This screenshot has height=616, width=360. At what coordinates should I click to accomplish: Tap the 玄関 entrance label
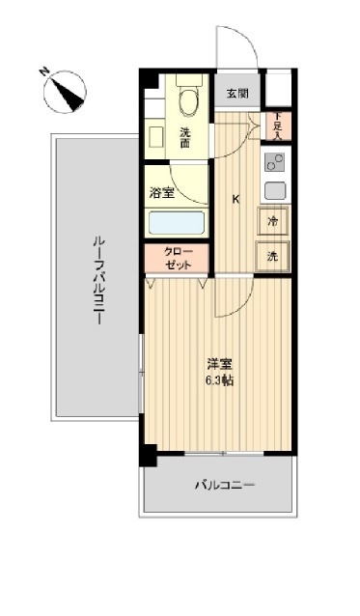pos(237,94)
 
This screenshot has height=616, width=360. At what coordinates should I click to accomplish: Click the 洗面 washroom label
pos(183,137)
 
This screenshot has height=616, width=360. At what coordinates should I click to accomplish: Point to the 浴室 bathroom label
pos(161,193)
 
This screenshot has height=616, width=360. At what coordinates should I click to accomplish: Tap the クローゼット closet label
pos(178,258)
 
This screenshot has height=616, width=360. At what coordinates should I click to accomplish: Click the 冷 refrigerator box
pos(274,222)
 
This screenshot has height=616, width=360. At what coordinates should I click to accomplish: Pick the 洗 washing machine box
pos(274,257)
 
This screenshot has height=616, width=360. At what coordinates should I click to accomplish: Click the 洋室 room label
pos(219,364)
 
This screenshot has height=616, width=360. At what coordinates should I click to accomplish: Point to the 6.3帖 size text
pos(219,379)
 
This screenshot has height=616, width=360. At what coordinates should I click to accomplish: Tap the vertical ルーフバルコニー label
pos(97,280)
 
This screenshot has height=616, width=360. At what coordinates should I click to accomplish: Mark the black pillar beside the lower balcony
pos(147,454)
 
